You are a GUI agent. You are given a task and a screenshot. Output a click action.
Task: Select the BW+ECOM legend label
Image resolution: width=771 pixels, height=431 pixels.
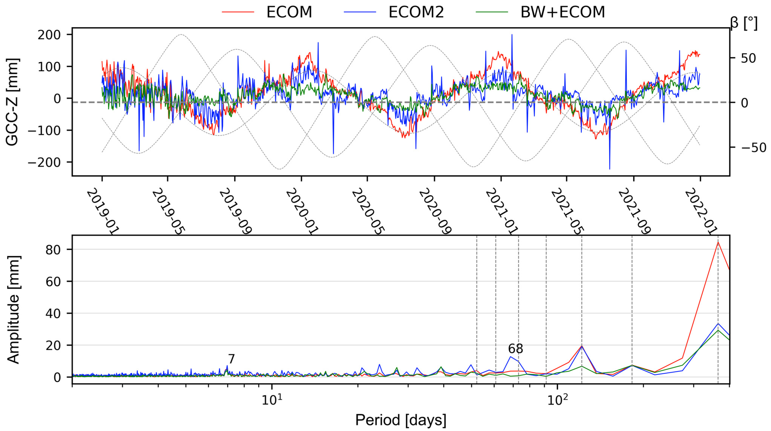pos(563,12)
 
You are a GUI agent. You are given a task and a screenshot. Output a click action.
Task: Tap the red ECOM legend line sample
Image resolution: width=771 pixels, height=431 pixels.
pos(238,12)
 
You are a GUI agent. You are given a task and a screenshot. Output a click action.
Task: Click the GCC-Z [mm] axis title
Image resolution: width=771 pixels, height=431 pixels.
pos(13,102)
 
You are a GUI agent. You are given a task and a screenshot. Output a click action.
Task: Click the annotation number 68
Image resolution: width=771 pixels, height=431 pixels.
pos(515,349)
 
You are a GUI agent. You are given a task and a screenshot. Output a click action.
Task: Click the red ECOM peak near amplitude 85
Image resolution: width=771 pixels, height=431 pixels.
pos(718,242)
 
